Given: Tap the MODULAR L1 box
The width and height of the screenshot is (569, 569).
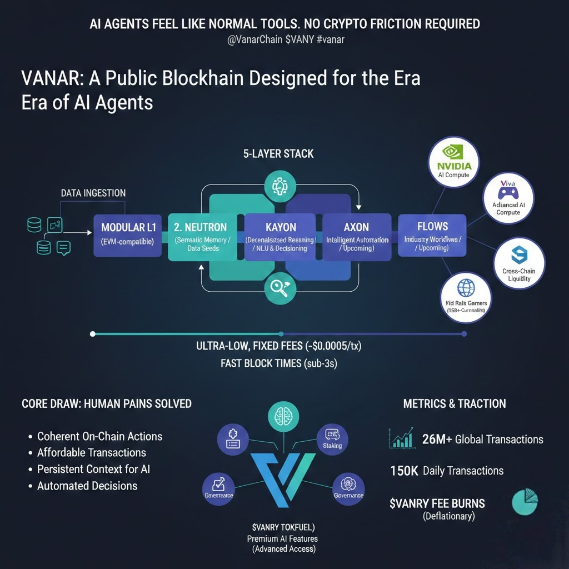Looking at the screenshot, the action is (128, 234).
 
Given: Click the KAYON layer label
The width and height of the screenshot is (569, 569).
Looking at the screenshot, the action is (281, 227).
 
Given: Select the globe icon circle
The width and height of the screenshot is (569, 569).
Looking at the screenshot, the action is (465, 295).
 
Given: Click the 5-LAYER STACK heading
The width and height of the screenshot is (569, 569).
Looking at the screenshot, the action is (278, 154).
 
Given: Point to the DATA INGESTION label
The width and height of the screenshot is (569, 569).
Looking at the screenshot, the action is (93, 193).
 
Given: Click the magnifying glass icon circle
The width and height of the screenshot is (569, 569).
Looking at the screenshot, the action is (276, 288).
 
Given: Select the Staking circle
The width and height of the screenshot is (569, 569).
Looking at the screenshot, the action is (332, 439).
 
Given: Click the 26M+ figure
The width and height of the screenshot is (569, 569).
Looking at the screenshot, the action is (437, 440).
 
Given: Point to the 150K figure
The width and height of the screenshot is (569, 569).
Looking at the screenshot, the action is (404, 471).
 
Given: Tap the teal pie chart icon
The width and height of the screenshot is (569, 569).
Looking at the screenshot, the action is (525, 502).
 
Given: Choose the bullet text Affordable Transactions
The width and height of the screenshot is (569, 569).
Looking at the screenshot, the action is (91, 452).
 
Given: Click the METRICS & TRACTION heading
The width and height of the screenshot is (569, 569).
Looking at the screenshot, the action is (455, 404).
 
